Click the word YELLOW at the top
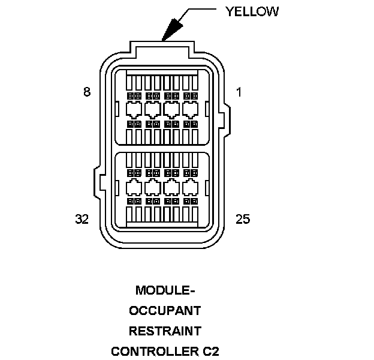pos(252,11)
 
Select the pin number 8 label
pos(87,92)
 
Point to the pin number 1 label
pos(239,92)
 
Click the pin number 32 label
pos(83,219)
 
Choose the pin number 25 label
pos(242,219)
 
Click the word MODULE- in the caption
pos(165,291)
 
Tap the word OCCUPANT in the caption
pos(165,311)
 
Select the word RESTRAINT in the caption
pos(165,331)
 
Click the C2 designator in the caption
pos(211,350)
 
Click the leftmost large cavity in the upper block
pos(134,110)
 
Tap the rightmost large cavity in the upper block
pos(191,110)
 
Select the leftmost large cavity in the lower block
pos(134,187)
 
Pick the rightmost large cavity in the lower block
pos(191,187)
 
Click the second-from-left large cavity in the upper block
pos(152,110)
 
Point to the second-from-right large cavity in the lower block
pos(171,187)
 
